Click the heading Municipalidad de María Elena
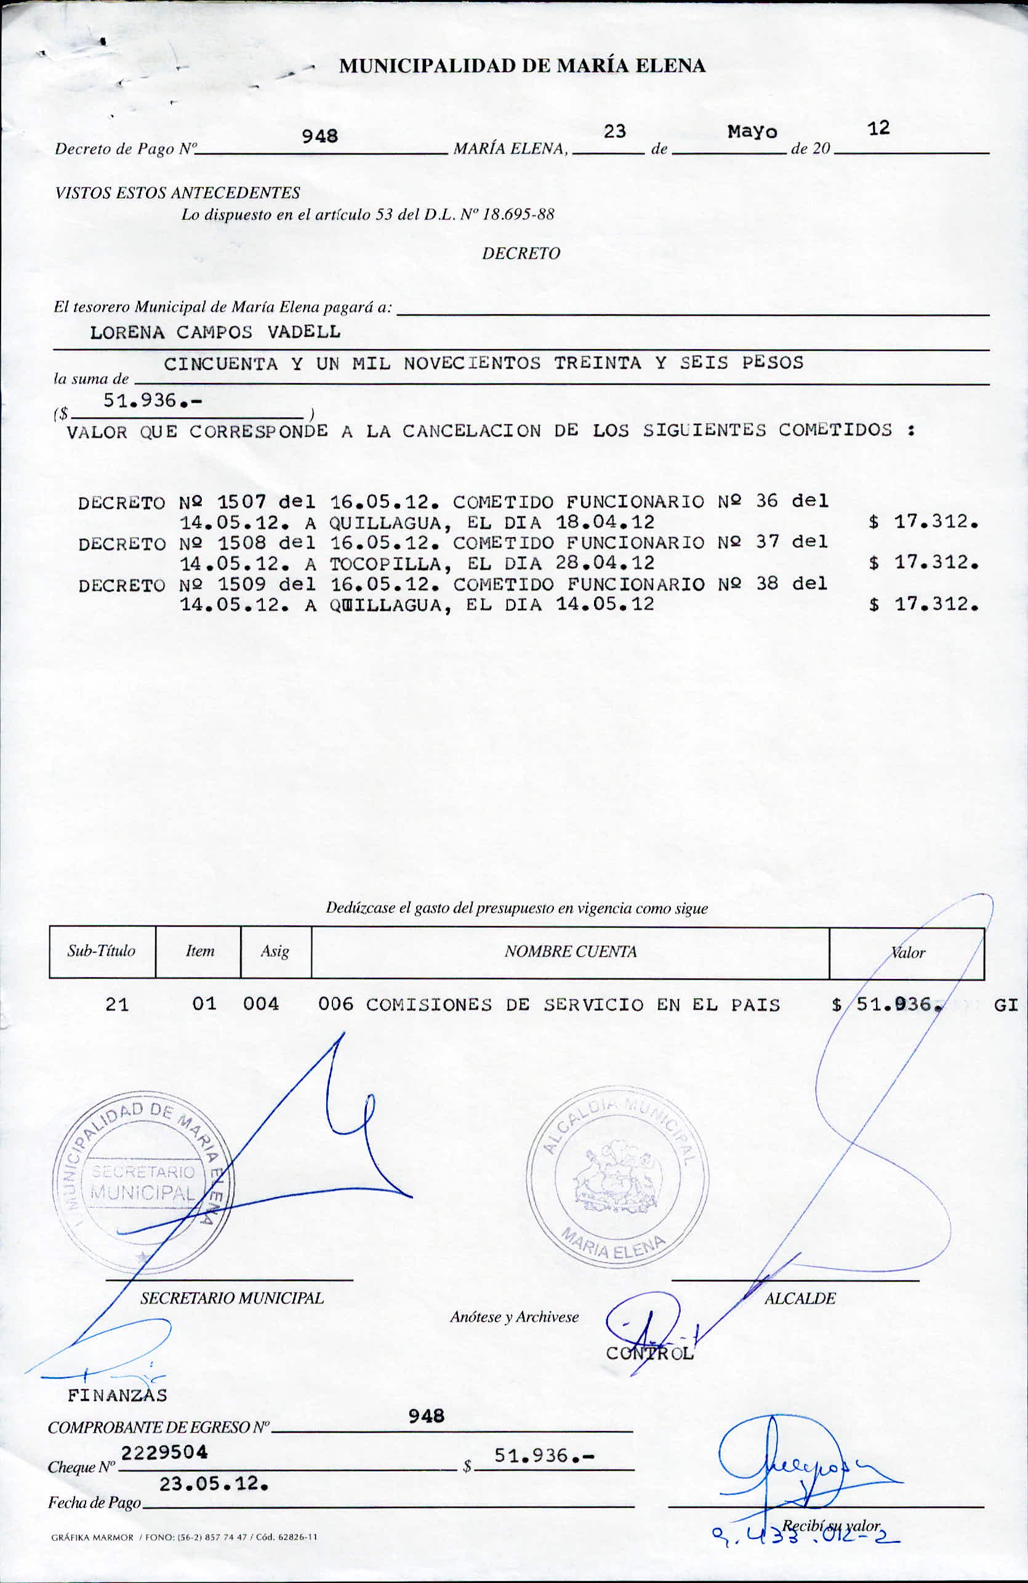coord(522,66)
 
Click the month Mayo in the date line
coord(752,132)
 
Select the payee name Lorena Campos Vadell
coord(215,332)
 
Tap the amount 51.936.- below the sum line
coord(152,401)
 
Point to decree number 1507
coord(242,502)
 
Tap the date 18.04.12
coord(605,522)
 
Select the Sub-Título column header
coord(101,951)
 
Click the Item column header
coord(199,951)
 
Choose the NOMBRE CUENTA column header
coord(571,952)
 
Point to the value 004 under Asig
coord(260,1004)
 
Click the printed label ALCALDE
coord(800,1299)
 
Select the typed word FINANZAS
coord(117,1396)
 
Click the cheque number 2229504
coord(164,1452)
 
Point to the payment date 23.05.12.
coord(214,1484)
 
